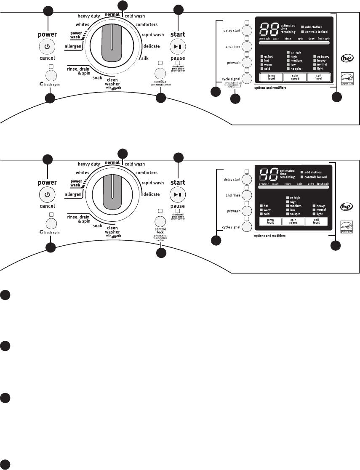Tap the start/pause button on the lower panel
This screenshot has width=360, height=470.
tap(177, 194)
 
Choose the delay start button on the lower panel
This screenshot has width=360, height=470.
tap(247, 180)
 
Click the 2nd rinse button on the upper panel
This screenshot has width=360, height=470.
tap(247, 46)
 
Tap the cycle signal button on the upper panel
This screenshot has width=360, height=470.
tap(247, 78)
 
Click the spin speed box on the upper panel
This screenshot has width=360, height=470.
tap(293, 77)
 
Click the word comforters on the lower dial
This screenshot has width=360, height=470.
tap(146, 173)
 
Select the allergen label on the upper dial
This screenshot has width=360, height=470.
tap(74, 45)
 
